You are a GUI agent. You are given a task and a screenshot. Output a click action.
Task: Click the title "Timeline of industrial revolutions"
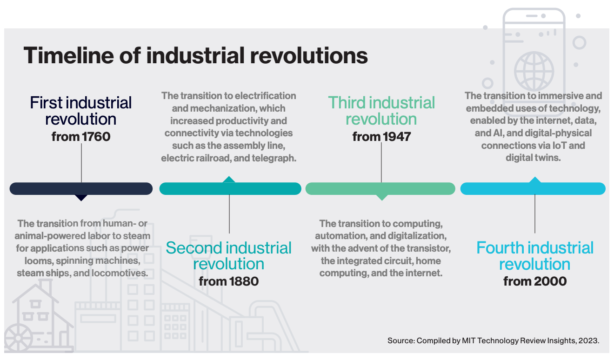[x=195, y=56]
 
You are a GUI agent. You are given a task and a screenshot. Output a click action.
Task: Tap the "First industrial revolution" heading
[x=81, y=111]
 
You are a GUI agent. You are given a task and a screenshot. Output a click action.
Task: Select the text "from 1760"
[x=81, y=137]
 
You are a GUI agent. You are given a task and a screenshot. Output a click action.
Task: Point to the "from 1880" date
[x=228, y=281]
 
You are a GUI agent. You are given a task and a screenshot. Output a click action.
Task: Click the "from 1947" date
[x=381, y=137]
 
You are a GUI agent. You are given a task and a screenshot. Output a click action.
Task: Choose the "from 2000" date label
[x=535, y=281]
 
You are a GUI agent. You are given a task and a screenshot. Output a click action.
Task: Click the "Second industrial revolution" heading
[x=228, y=256]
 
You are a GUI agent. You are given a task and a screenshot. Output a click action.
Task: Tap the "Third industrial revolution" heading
[x=381, y=111]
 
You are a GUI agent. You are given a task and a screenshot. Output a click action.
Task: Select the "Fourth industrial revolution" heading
[x=535, y=256]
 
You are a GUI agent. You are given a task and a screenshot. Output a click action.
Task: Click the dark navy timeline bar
[x=81, y=188]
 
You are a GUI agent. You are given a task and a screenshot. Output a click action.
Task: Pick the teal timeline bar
[x=230, y=188]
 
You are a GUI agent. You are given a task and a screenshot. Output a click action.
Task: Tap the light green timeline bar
[x=380, y=188]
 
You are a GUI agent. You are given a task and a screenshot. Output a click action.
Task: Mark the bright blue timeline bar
[x=533, y=188]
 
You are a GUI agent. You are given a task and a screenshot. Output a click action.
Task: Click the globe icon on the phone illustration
[x=534, y=71]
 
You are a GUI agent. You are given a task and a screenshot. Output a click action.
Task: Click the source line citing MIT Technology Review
[x=493, y=341]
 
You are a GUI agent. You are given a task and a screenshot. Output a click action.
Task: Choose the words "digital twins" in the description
[x=533, y=158]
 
